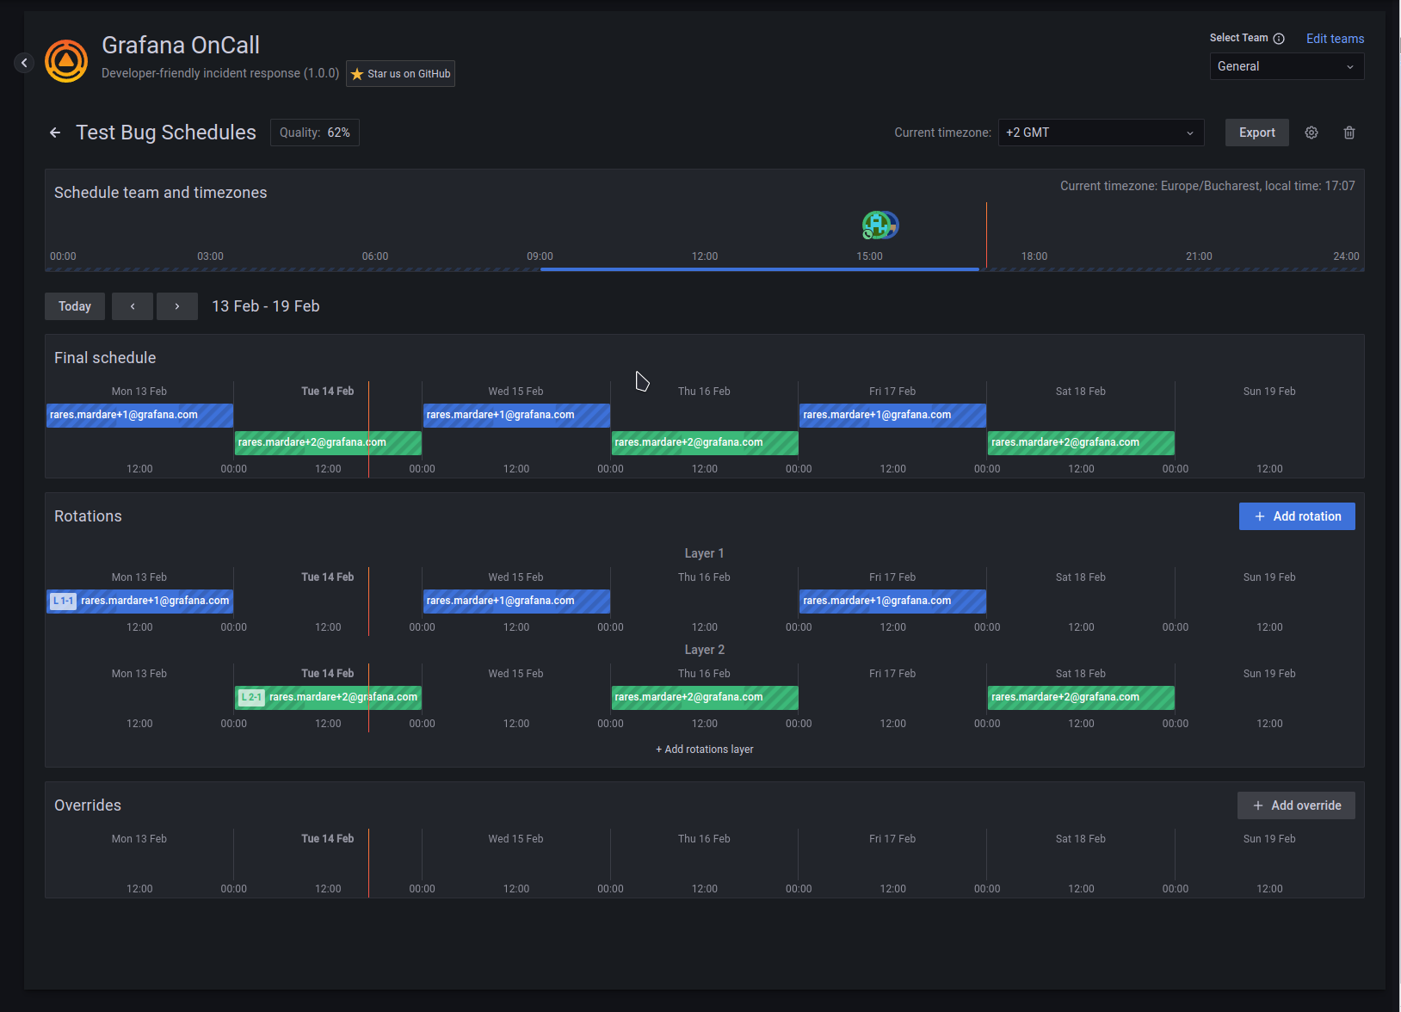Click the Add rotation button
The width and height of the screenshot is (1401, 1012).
(1296, 516)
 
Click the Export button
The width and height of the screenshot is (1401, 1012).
(1256, 133)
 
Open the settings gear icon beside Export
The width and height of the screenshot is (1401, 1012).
(1311, 133)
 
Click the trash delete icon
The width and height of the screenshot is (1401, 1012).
(1349, 133)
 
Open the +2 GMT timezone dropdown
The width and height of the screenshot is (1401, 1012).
(1100, 133)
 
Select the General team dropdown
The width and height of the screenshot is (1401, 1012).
(1286, 66)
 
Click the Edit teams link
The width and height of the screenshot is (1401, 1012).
(1334, 39)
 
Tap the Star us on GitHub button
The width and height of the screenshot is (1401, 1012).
(400, 74)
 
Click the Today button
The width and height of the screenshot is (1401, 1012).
(75, 306)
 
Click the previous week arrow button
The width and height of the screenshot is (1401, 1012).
(133, 306)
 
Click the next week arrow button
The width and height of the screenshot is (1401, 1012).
(177, 306)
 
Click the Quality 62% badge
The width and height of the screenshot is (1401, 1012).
(314, 133)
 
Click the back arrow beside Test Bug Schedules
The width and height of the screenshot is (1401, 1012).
(55, 133)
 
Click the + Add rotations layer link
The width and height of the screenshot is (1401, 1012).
(704, 750)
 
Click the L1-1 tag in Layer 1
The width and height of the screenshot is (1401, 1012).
(63, 601)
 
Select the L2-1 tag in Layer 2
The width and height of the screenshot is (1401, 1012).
(251, 697)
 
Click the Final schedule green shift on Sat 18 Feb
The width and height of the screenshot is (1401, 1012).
(1080, 442)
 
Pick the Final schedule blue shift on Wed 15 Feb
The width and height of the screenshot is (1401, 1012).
(515, 415)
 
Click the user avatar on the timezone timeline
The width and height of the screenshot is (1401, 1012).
(879, 225)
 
